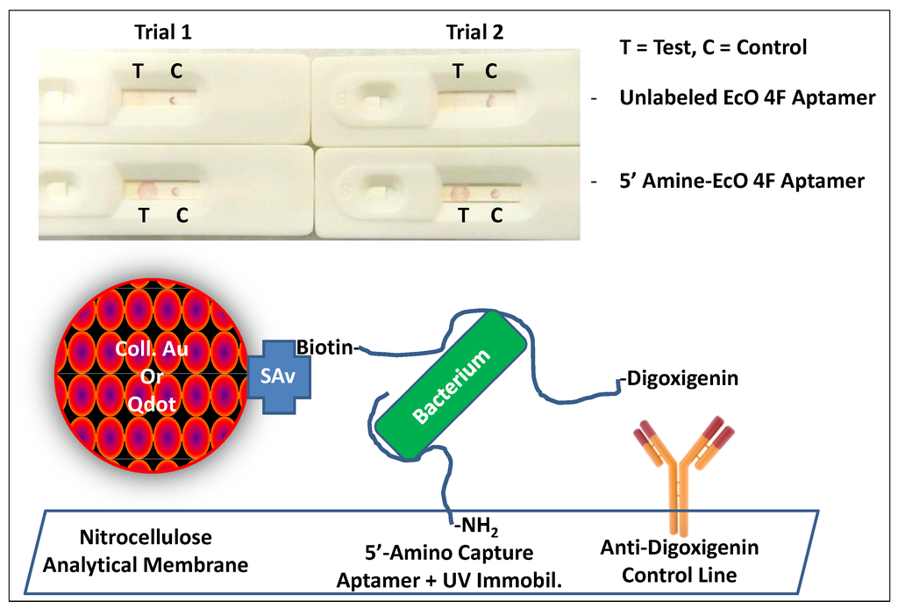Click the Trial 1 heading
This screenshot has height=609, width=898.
click(162, 32)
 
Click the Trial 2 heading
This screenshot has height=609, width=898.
click(474, 32)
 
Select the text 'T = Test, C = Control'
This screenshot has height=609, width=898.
click(713, 47)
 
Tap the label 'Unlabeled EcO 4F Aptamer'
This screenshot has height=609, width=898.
click(746, 98)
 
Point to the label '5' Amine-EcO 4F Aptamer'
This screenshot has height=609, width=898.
click(741, 182)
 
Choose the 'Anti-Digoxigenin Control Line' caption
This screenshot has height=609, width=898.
click(680, 562)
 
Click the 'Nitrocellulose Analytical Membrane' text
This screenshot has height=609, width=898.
click(146, 550)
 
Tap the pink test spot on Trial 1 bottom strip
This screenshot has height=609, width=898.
click(145, 189)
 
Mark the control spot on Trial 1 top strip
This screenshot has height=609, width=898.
click(174, 100)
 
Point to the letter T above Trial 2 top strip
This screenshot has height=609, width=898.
click(458, 71)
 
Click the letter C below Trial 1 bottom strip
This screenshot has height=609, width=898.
click(182, 213)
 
